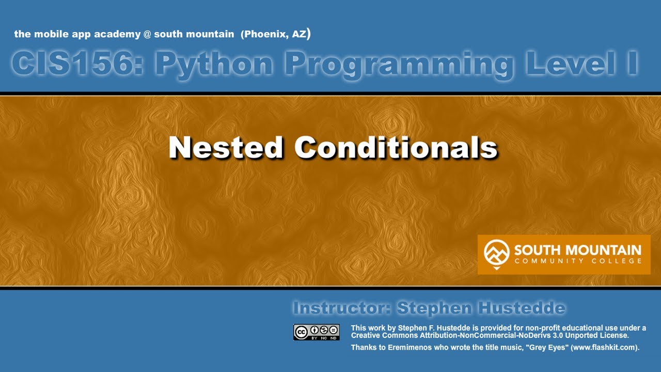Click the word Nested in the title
point(226,148)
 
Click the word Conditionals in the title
point(396,148)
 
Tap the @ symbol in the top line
point(147,35)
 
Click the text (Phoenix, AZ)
point(276,35)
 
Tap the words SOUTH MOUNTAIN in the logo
point(577,251)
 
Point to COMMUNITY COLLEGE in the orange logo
point(577,261)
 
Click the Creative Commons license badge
point(317,332)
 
